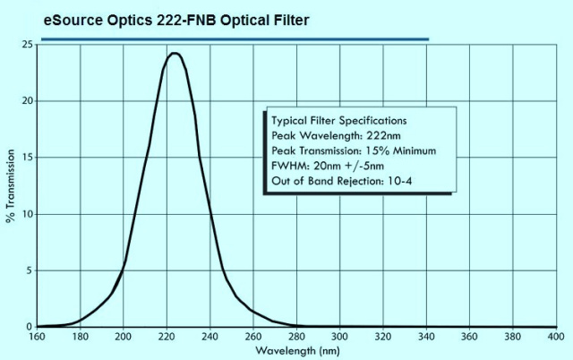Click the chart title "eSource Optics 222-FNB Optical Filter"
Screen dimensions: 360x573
(176, 19)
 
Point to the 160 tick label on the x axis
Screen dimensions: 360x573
(37, 338)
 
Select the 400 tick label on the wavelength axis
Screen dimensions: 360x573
(555, 338)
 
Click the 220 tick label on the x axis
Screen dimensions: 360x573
(167, 338)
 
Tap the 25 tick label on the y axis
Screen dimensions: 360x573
(30, 44)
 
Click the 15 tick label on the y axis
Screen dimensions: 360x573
(30, 158)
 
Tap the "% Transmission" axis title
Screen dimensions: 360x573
(10, 185)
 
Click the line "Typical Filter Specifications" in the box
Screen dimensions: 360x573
(338, 119)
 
